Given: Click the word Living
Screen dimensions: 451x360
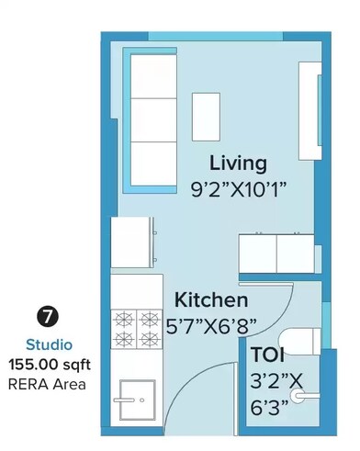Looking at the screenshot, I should (x=238, y=163).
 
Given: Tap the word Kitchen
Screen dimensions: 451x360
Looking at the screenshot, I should (x=211, y=300).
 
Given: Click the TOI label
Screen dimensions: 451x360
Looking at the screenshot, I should (x=267, y=355).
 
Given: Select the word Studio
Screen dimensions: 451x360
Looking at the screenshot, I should (x=45, y=345).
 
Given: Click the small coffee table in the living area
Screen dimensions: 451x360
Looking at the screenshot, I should (x=206, y=117).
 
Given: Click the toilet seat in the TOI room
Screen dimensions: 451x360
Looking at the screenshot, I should (x=296, y=340).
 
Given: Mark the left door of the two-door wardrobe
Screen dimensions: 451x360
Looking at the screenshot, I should (x=257, y=250).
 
